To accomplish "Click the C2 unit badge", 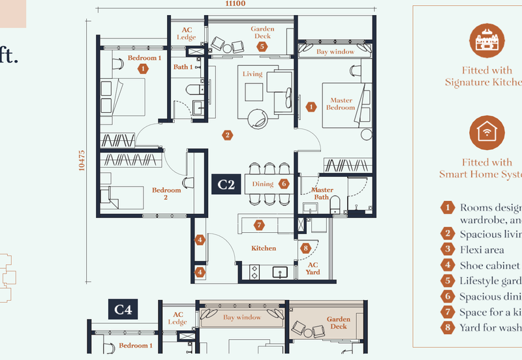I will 226,185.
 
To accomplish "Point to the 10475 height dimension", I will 82,161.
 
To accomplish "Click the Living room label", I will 253,74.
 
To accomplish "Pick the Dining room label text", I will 263,185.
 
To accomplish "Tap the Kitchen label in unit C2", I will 264,248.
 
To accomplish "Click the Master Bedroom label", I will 340,104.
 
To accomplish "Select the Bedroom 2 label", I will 166,194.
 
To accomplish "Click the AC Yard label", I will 313,269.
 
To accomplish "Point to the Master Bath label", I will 322,194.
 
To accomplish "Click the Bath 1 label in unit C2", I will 183,67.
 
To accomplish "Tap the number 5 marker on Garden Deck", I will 262,46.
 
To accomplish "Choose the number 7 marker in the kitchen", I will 259,225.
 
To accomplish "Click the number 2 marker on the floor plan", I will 227,135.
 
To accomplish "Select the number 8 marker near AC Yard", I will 305,248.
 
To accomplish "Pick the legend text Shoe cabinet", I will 489,265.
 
